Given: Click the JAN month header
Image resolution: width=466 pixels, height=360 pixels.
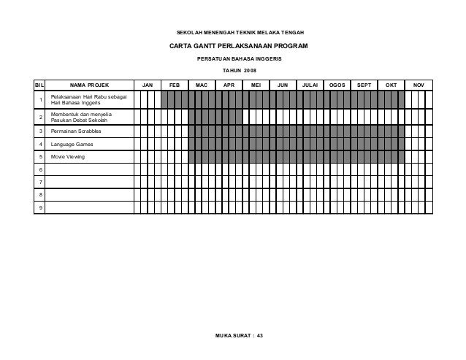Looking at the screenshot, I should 147,85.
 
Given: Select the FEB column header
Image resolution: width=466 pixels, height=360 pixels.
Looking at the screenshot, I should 174,85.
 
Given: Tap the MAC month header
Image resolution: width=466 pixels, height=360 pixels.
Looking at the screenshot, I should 201,85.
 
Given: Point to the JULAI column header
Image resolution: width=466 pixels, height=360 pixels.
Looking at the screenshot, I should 310,85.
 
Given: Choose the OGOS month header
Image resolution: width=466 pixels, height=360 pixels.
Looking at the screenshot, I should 337,85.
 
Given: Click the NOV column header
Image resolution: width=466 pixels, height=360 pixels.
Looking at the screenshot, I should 419,85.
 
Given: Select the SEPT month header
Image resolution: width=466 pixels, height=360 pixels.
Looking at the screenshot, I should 364,85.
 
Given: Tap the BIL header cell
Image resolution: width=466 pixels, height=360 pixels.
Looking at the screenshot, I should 40,85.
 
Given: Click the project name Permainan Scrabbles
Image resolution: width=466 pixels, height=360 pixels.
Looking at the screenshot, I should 76,131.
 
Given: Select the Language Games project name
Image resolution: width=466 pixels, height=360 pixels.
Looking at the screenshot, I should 72,144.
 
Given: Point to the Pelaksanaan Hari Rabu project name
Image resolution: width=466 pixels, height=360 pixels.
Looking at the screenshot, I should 88,100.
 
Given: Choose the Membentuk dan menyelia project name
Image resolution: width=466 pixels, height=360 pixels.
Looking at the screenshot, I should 81,116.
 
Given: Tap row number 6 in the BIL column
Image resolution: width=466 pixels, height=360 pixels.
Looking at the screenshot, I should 40,169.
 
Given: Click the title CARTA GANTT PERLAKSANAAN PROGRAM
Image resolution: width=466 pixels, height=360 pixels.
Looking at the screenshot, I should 239,46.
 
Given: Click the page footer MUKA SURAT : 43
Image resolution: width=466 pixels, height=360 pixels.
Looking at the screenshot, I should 239,334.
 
